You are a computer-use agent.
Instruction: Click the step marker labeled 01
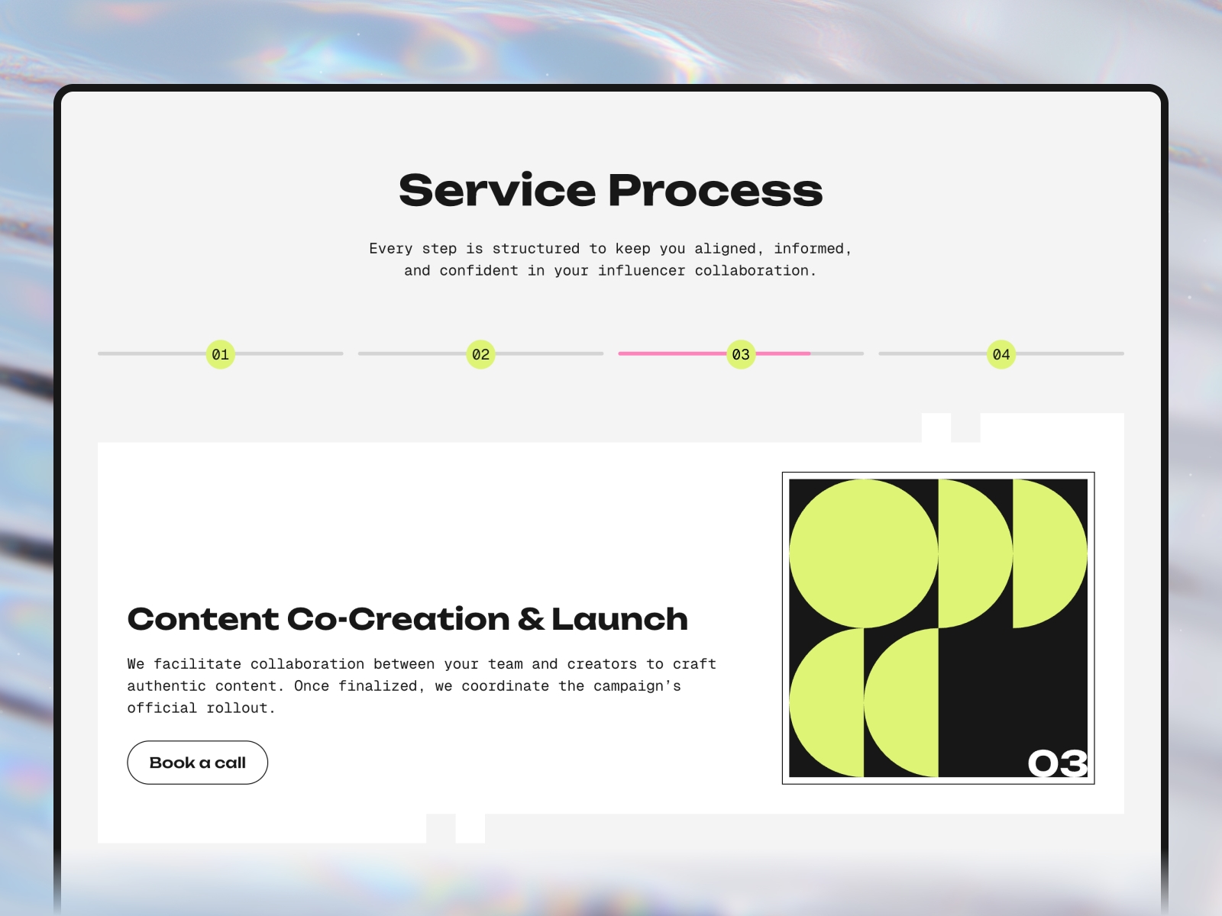point(221,354)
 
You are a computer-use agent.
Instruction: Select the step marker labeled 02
point(480,354)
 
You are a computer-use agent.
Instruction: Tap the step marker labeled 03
point(741,354)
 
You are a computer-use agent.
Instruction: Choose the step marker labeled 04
point(1001,354)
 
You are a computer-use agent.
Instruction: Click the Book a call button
point(198,763)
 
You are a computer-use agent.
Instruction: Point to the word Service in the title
point(497,191)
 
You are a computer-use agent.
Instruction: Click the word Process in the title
point(716,191)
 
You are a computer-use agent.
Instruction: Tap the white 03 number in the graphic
point(1057,763)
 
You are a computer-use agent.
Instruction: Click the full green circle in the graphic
point(864,553)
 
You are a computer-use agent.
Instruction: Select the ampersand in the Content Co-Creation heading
point(531,619)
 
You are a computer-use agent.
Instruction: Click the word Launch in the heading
point(619,619)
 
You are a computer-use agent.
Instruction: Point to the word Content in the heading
point(203,619)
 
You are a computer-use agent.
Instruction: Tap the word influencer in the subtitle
point(642,271)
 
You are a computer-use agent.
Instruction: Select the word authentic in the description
point(166,686)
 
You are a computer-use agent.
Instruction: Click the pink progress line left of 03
point(673,353)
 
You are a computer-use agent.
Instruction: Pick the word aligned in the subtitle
point(726,249)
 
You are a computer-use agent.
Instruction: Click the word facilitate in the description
point(198,664)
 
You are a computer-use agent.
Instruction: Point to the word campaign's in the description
point(637,686)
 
